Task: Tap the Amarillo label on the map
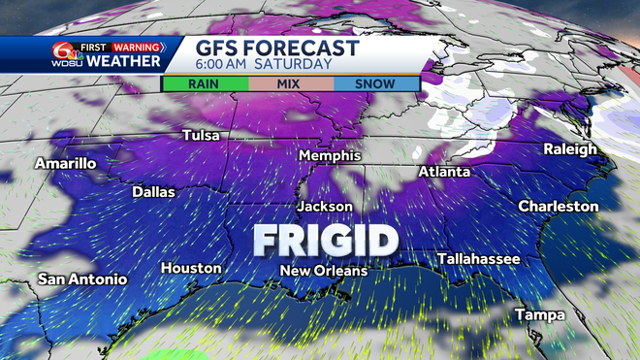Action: (66, 164)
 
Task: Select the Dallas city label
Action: (153, 192)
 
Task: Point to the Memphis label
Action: (330, 156)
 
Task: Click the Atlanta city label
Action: (444, 172)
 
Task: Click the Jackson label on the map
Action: (325, 207)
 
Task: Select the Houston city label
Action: (192, 268)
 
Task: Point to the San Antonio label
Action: (82, 279)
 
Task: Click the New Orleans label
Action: (324, 271)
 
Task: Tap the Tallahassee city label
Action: (479, 259)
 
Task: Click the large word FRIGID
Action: (326, 239)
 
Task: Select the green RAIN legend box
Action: (204, 84)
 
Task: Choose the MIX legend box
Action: (290, 84)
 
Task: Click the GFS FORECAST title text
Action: (277, 49)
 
